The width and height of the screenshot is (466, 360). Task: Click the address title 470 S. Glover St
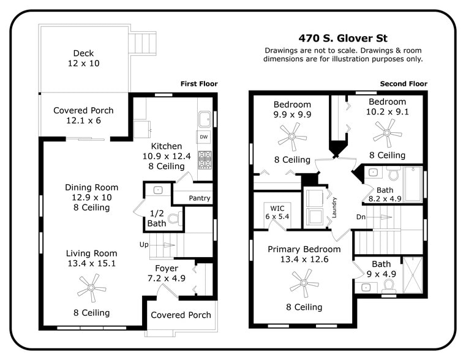click(x=343, y=37)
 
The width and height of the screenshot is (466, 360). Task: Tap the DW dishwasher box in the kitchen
click(x=203, y=137)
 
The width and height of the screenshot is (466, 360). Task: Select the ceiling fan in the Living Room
click(x=92, y=287)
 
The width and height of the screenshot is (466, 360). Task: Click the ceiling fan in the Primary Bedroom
click(x=304, y=282)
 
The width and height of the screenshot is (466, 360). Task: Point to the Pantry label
click(x=199, y=198)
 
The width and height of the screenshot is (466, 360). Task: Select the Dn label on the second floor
click(x=361, y=216)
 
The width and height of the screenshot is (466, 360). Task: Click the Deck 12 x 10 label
click(x=83, y=58)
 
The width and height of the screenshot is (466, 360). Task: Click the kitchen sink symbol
click(x=205, y=118)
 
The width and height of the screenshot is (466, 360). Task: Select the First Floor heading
click(x=198, y=84)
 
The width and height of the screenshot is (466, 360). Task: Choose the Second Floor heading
click(x=404, y=84)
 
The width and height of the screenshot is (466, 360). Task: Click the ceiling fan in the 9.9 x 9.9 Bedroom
click(x=292, y=135)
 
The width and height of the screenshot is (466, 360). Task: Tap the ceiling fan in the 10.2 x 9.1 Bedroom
click(x=387, y=129)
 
